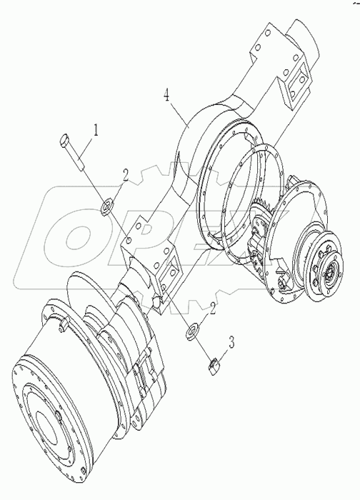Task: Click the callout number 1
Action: pyautogui.click(x=95, y=130)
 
